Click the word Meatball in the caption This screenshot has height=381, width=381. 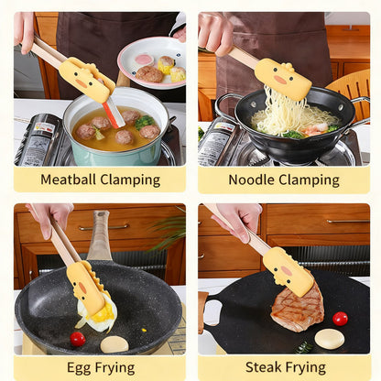pos(69,180)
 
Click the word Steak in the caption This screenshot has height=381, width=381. pos(263,367)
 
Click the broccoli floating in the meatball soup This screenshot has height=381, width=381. pos(145,122)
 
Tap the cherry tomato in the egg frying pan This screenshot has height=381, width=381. pos(78,339)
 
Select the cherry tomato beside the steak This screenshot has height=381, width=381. pos(340,319)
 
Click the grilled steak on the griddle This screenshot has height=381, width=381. pos(297,308)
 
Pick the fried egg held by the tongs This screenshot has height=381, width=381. pos(98,314)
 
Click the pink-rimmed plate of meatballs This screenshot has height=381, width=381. pos(153,63)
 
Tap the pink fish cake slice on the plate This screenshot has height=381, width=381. pos(144,60)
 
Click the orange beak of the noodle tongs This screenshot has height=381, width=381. pos(280,80)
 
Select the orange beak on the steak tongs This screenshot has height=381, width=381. pos(287,271)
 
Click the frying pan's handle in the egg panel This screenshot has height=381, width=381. pos(99,235)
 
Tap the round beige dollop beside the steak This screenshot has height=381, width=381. pos(330,339)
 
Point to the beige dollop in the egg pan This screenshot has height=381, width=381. pos(114,344)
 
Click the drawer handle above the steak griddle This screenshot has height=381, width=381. pos(348,221)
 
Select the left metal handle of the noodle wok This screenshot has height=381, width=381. pos(224,105)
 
